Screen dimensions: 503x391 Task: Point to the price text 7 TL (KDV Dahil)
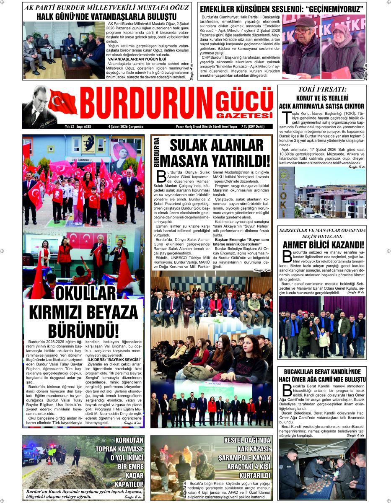(257, 126)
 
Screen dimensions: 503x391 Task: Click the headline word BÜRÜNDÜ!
(83, 330)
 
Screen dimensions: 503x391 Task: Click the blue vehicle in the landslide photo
(31, 454)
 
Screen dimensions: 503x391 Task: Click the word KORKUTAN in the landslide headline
(129, 440)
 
